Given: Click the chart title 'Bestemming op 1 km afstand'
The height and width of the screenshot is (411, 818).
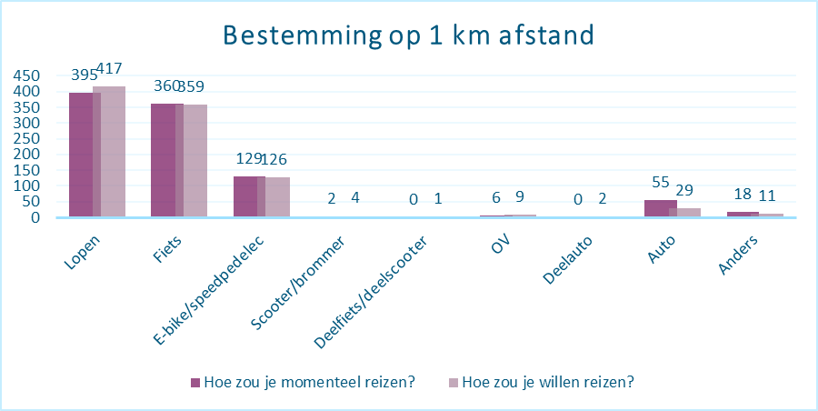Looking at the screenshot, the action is (x=408, y=36).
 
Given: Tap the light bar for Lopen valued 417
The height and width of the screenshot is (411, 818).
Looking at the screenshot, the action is (x=109, y=152).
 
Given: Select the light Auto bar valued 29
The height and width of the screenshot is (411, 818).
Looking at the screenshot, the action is (x=685, y=212).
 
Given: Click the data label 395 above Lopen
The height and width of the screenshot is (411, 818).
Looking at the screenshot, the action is (x=84, y=75).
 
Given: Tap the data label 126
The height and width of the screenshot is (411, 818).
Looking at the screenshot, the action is (x=274, y=159).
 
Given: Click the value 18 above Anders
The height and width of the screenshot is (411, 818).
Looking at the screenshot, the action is (x=743, y=195).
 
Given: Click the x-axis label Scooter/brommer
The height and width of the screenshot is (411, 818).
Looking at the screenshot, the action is (x=297, y=284).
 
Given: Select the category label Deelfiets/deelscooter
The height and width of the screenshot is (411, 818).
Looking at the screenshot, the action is (x=371, y=293).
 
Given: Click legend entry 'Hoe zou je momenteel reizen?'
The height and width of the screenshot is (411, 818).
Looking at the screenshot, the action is (x=303, y=382).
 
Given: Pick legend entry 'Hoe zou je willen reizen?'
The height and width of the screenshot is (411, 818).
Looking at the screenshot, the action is (x=541, y=382).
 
